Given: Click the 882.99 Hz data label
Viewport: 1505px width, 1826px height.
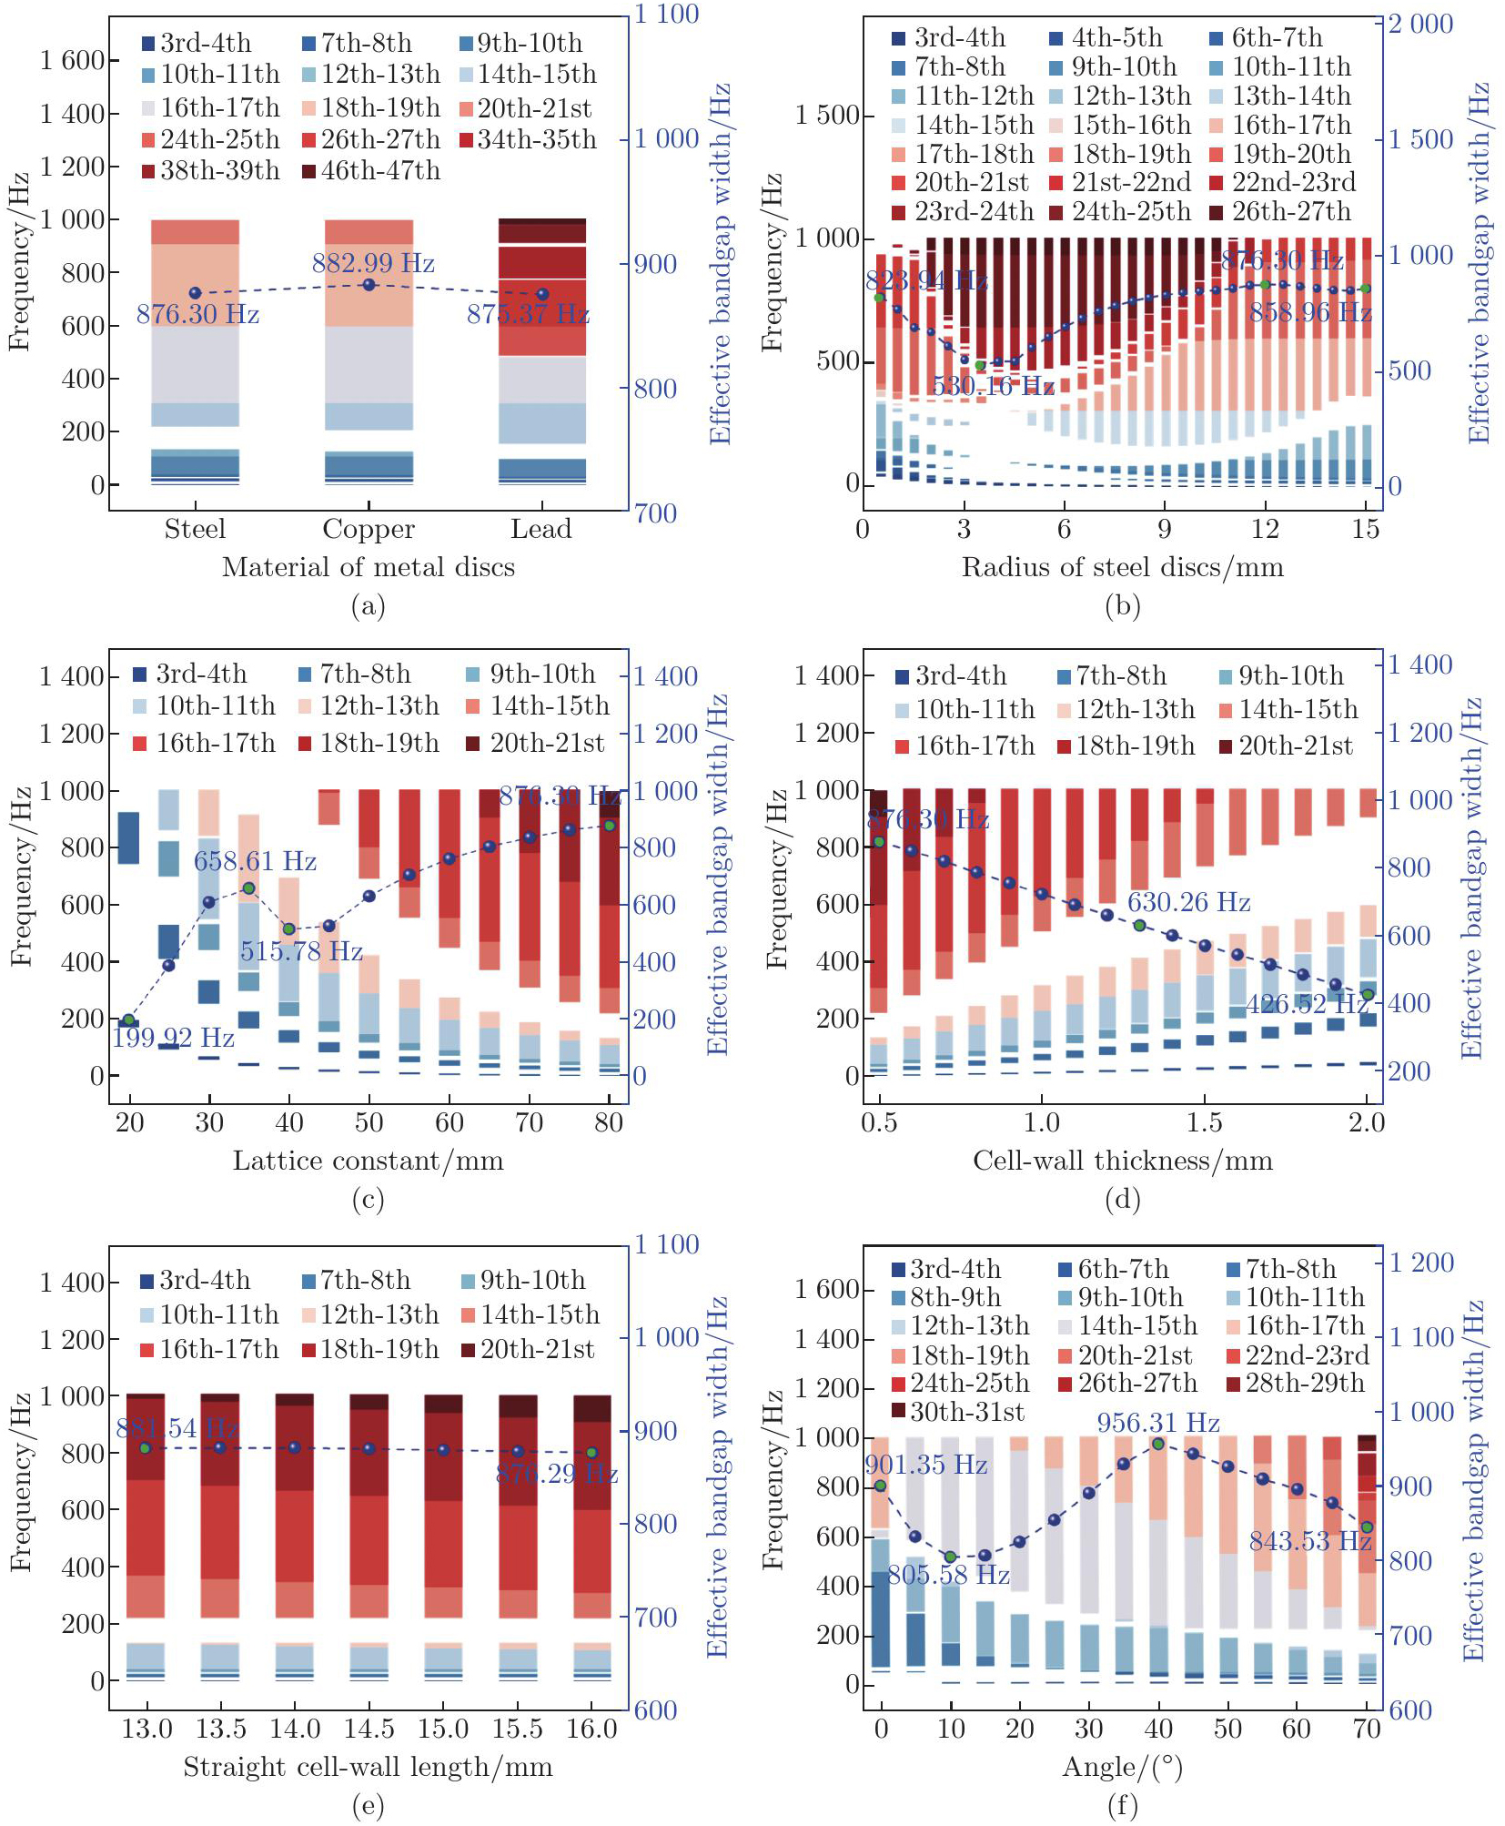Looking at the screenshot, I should [x=373, y=264].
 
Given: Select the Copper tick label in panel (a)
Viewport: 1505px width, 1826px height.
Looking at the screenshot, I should [x=369, y=529].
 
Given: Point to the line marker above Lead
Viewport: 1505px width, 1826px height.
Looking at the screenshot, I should [x=542, y=294].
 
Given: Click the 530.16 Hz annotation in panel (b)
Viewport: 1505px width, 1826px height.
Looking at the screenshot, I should [x=993, y=386].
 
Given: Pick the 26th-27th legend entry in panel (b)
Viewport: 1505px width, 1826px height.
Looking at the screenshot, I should [x=1282, y=211].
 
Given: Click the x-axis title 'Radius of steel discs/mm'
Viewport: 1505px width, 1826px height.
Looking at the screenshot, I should [x=1122, y=567].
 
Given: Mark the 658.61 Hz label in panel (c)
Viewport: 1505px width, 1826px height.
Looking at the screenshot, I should [x=255, y=861].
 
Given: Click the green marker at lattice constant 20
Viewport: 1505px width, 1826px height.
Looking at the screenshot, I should [x=129, y=1020].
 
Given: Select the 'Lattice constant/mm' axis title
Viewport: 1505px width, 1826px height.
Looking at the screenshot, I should [x=368, y=1161].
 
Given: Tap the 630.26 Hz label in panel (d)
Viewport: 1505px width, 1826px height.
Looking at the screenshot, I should [x=1188, y=902].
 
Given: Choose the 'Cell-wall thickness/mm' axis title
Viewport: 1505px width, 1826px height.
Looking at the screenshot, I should [x=1122, y=1161].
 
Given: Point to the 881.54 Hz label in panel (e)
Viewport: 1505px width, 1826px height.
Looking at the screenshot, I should [x=177, y=1428].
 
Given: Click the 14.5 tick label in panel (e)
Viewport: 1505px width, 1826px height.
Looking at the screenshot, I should [x=369, y=1729].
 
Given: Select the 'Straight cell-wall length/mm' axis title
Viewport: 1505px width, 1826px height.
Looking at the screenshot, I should [x=368, y=1767].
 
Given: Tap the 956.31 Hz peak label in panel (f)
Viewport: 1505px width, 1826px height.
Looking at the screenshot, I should [x=1157, y=1423].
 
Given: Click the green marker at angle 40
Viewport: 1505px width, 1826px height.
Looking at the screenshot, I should [x=1158, y=1444].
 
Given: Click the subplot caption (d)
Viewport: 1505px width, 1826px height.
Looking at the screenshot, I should [x=1122, y=1200].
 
